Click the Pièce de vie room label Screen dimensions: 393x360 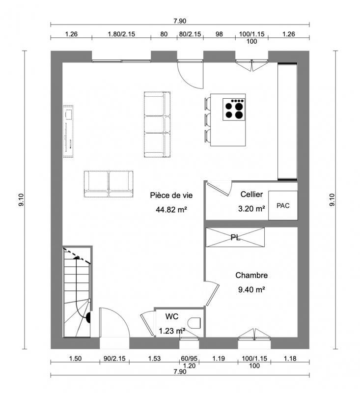click(171, 195)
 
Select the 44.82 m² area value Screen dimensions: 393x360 click(171, 209)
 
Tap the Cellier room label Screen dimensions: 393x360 click(251, 195)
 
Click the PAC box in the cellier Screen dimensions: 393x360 click(283, 205)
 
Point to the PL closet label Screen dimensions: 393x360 click(235, 237)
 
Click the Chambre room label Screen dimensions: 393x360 click(251, 276)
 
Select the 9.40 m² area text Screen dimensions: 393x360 click(251, 289)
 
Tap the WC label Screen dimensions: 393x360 click(171, 316)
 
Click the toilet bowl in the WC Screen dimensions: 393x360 click(195, 323)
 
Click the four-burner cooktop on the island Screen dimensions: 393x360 click(234, 110)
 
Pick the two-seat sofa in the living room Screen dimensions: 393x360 click(108, 184)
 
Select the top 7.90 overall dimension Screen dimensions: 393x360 click(180, 21)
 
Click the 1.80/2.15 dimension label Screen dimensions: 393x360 click(121, 34)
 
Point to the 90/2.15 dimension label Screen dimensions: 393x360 click(114, 359)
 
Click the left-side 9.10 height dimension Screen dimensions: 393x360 click(21, 200)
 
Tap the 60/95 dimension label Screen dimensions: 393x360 click(189, 359)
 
